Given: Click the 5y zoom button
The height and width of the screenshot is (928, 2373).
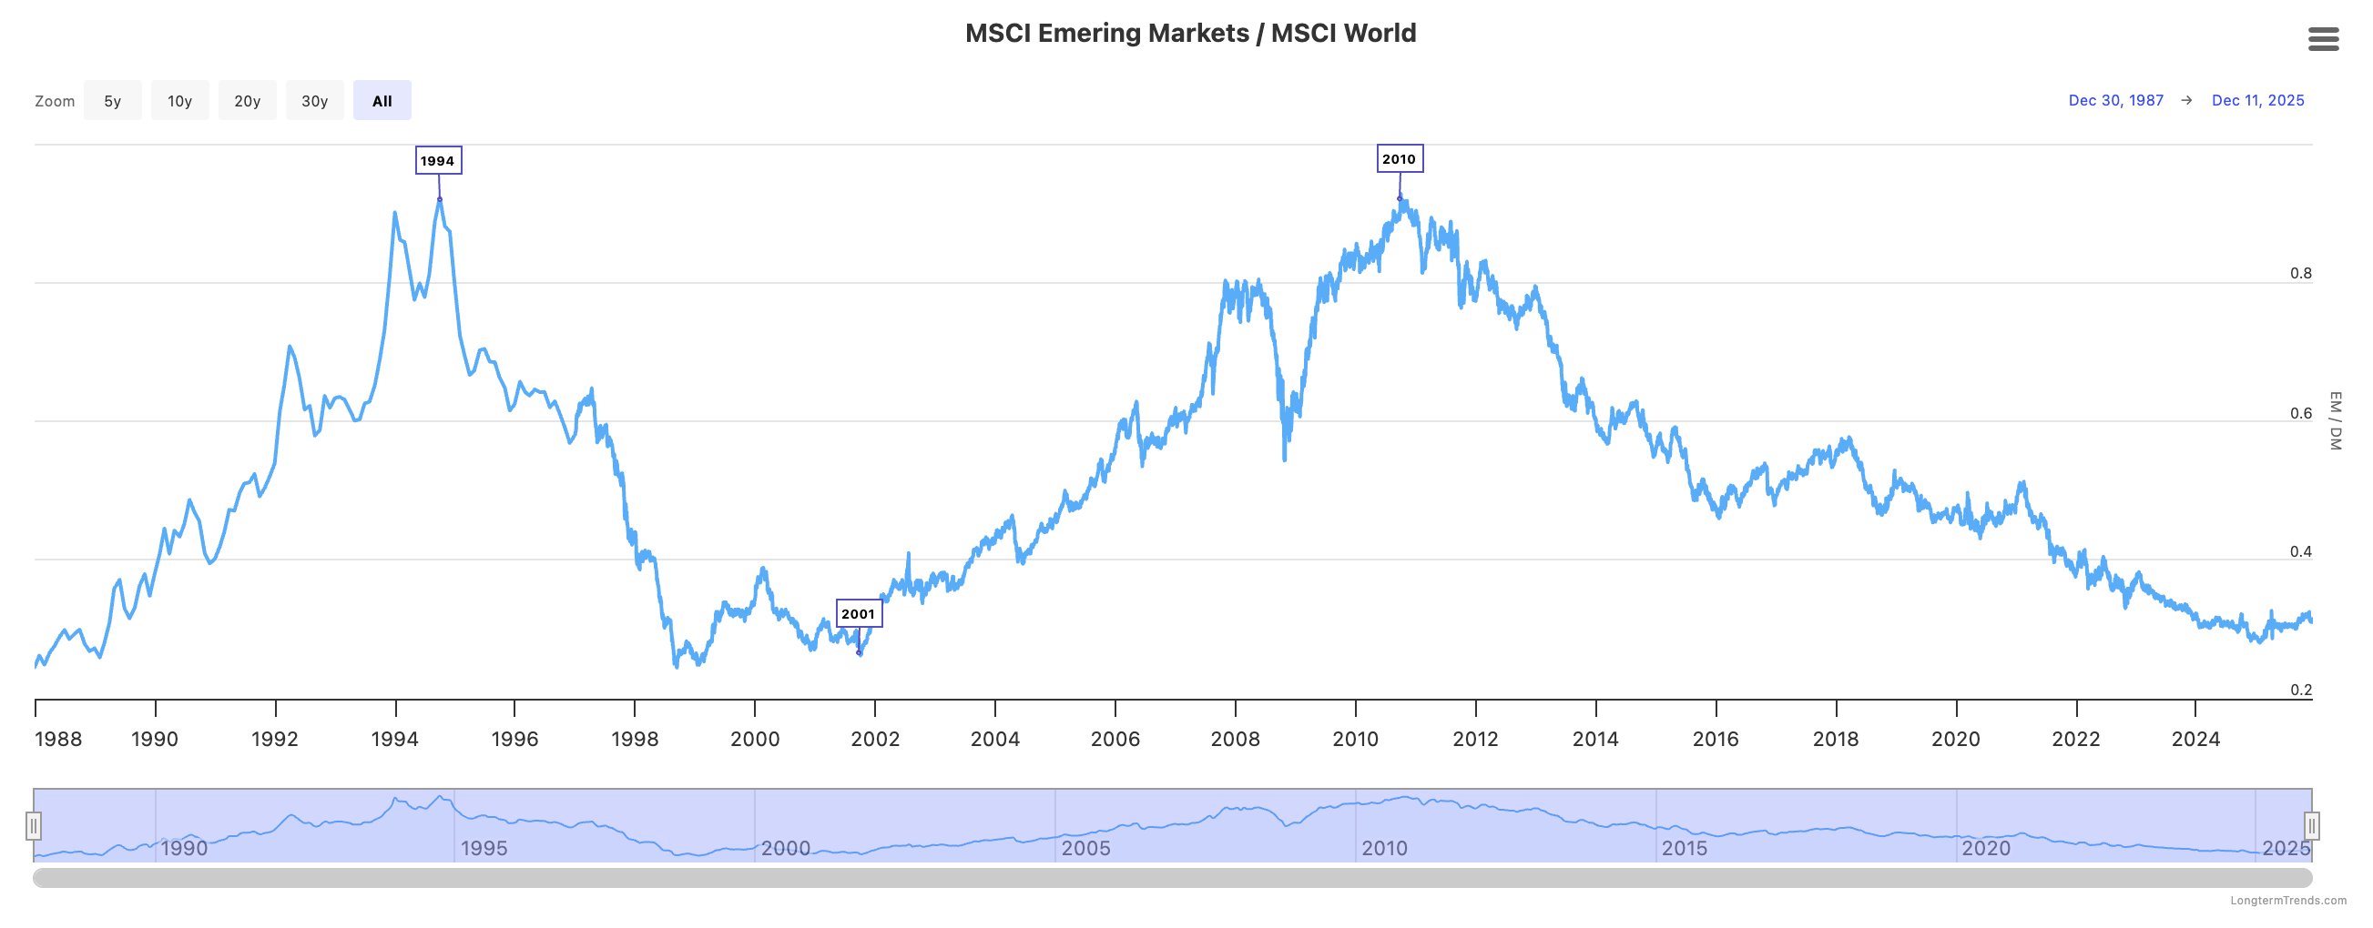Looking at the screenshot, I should [112, 101].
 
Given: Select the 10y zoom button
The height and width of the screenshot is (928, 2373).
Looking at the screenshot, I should [179, 101].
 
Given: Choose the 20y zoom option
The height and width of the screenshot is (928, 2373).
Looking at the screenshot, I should [247, 101].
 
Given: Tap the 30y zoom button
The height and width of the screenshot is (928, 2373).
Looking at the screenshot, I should [314, 101].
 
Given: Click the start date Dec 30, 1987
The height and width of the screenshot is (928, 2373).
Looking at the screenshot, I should [2115, 100].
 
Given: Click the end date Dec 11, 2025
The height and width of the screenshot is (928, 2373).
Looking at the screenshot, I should [2257, 100].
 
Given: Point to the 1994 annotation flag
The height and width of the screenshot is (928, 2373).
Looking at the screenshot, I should [438, 161].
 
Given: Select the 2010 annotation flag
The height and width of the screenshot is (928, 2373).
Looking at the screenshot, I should [1399, 159].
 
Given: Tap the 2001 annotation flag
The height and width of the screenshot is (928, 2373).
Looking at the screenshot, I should [858, 614].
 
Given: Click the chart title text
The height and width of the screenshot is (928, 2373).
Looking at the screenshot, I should [1190, 33].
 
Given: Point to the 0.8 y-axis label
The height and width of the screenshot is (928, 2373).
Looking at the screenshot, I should [2300, 274].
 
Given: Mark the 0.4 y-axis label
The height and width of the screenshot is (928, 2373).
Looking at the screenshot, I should [2300, 552].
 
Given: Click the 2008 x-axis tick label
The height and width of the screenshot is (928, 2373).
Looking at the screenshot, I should [1235, 740].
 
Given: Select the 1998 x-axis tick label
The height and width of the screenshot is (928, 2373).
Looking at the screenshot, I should [635, 740].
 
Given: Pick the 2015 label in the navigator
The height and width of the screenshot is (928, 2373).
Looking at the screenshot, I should [1684, 849].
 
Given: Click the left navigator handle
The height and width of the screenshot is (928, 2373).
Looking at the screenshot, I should [34, 826].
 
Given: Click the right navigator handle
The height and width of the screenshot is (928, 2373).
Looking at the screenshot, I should [2311, 826].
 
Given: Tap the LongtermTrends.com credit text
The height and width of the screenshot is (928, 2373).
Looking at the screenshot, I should [2288, 901].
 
